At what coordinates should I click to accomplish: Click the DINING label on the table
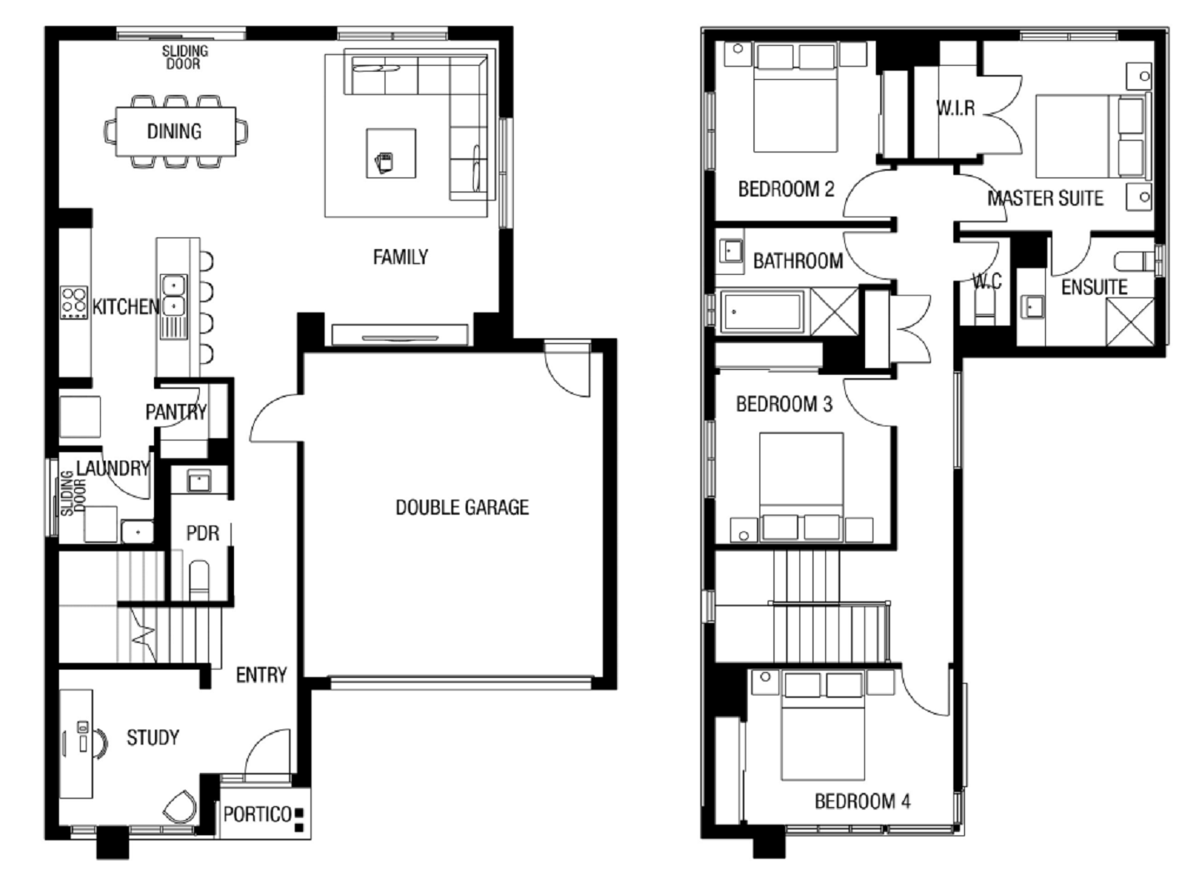tap(174, 132)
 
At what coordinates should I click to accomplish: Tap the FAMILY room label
tap(400, 257)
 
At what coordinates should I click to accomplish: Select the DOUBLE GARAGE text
tap(462, 507)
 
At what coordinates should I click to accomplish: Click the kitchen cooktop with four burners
tap(74, 302)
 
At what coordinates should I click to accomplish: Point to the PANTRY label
tap(177, 412)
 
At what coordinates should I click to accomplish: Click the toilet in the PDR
tap(199, 580)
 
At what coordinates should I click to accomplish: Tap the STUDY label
tap(152, 738)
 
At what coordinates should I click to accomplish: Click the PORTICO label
tap(257, 815)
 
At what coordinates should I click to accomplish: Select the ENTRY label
tap(261, 675)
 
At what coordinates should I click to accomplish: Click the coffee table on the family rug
tap(391, 153)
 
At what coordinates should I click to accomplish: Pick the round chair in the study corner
tap(180, 808)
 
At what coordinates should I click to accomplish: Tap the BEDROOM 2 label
tap(786, 189)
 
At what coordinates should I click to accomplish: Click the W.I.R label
tap(956, 108)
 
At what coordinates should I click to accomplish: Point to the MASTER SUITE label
tap(1045, 198)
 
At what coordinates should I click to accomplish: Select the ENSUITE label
tap(1094, 287)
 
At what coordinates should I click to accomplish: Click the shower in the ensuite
tap(1130, 321)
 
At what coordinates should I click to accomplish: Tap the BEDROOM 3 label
tap(784, 404)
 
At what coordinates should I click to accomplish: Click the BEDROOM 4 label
tap(863, 801)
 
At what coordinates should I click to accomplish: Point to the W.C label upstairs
tap(988, 282)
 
